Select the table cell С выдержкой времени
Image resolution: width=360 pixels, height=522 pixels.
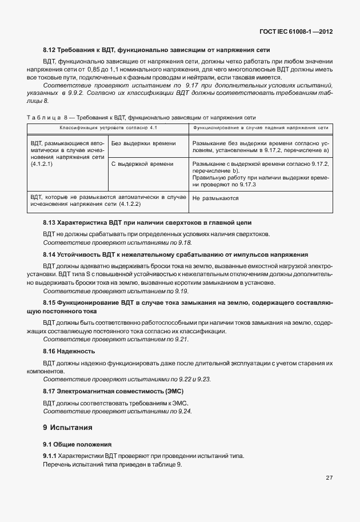142,164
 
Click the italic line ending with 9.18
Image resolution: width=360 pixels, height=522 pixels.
118,243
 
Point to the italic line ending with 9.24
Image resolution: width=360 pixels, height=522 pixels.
118,411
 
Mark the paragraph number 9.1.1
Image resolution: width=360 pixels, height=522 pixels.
50,456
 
